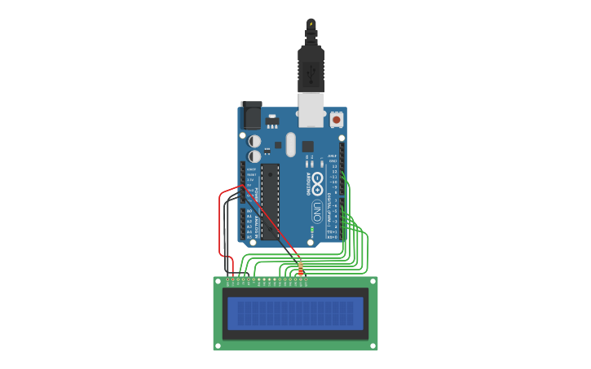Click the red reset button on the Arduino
pyautogui.click(x=337, y=120)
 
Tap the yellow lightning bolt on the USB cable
pyautogui.click(x=311, y=23)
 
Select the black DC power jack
pyautogui.click(x=250, y=115)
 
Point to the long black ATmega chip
pyautogui.click(x=270, y=201)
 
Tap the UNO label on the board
pyautogui.click(x=316, y=211)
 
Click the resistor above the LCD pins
pyautogui.click(x=301, y=267)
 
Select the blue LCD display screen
pyautogui.click(x=295, y=314)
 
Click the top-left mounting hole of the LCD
pyautogui.click(x=218, y=282)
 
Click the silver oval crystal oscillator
pyautogui.click(x=290, y=145)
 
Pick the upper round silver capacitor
pyautogui.click(x=255, y=141)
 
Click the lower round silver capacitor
pyautogui.click(x=255, y=155)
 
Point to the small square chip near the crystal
pyautogui.click(x=307, y=147)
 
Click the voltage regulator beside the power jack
pyautogui.click(x=271, y=122)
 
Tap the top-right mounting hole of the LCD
pyautogui.click(x=373, y=282)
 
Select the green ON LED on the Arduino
pyautogui.click(x=312, y=231)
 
